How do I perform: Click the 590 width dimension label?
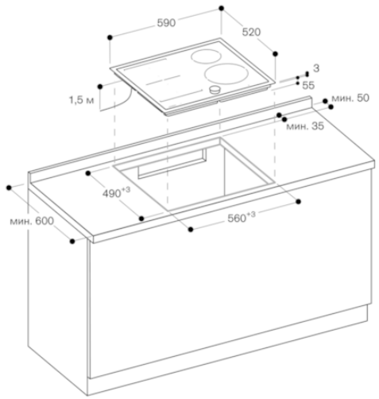166,23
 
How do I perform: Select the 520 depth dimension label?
251,32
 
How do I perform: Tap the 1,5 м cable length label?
82,100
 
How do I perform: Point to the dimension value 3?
316,68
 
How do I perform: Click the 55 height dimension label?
308,85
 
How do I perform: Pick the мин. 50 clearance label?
350,98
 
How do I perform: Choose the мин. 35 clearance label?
305,126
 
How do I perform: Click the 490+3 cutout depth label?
116,192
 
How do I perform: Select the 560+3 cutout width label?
242,217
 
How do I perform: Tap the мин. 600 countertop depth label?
32,221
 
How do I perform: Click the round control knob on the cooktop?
215,90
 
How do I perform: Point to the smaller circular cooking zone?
206,56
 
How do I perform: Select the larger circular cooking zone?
226,73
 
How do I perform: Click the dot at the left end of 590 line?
110,37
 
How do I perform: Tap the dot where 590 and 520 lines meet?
222,8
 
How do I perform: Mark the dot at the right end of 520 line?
275,54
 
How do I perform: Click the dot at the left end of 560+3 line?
191,230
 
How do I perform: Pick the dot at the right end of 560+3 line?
299,202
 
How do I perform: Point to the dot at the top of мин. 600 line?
9,188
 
